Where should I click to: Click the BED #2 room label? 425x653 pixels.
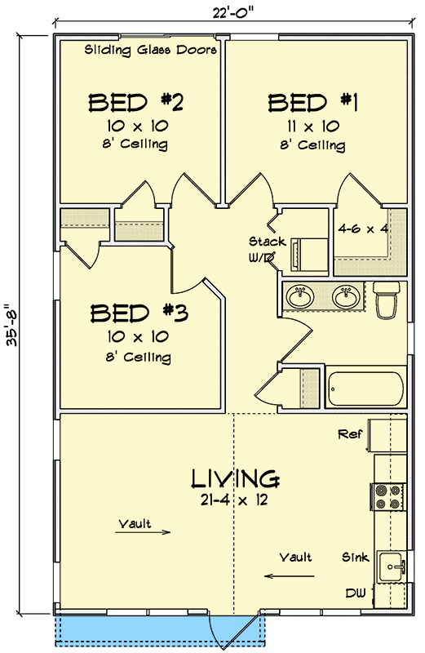point(135,104)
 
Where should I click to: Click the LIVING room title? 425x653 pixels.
point(237,478)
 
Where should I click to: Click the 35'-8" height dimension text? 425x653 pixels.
point(12,322)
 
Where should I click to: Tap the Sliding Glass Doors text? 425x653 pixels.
point(151,50)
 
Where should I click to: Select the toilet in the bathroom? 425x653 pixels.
point(386,300)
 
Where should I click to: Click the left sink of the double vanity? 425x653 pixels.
point(300,296)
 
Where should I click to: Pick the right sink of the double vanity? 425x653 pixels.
point(347,296)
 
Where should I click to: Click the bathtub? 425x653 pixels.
point(366,389)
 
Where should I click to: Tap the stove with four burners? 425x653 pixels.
point(386,497)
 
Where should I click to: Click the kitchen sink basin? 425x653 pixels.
point(390,564)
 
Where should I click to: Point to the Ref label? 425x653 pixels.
point(350,435)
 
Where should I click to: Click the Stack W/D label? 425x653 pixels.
point(267,249)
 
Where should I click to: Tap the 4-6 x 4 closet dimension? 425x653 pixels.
point(362,229)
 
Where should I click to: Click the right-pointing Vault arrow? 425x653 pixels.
point(154,532)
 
